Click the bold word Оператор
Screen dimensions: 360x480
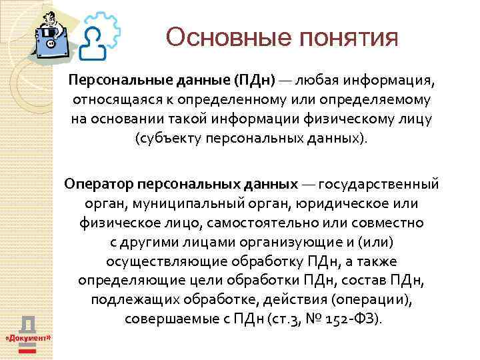(x=99, y=183)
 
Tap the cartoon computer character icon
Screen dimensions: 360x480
(x=51, y=33)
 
